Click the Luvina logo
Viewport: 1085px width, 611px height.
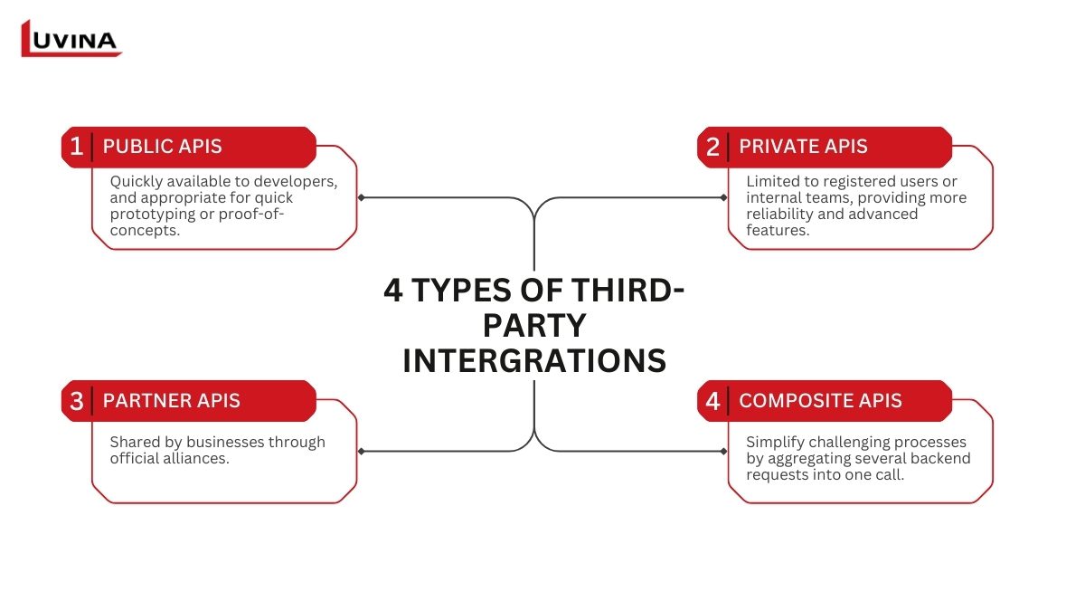71,38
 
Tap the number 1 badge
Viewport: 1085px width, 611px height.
76,147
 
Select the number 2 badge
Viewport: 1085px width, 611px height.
712,147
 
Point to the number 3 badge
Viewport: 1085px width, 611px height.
77,401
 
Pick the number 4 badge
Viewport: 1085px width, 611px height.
712,401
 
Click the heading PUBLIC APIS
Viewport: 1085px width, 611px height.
162,147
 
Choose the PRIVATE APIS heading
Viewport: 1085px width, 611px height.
803,147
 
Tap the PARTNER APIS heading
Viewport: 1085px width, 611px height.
172,400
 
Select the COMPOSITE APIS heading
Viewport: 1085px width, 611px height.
821,400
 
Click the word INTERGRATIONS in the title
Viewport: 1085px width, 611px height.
534,360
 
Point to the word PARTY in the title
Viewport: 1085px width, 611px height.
534,325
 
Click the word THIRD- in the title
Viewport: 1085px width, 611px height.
627,290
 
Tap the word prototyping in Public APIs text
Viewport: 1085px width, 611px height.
153,214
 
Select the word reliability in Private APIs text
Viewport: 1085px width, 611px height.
779,214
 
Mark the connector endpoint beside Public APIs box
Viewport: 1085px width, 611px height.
361,197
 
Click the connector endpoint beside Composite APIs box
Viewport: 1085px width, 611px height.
723,452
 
